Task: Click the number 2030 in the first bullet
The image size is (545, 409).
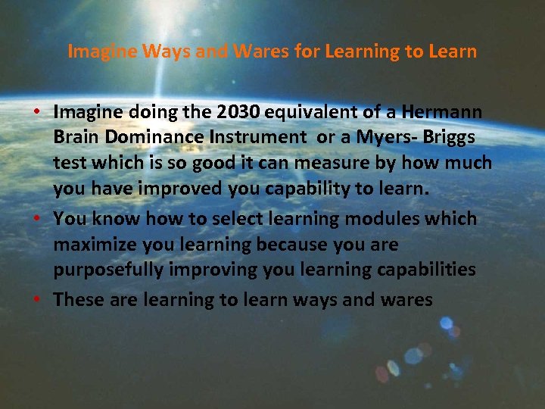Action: (x=238, y=112)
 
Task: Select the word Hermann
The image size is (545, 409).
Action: (x=443, y=112)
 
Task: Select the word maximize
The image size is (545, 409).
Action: (x=95, y=245)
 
